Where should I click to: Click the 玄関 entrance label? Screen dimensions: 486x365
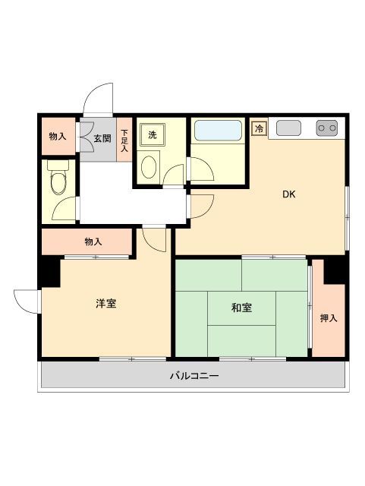click(x=102, y=138)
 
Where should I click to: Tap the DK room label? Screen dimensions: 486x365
click(x=288, y=194)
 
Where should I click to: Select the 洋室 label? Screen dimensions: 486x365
click(x=105, y=304)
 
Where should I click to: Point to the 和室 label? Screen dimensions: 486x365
click(x=242, y=308)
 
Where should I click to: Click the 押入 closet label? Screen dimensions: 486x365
click(x=328, y=318)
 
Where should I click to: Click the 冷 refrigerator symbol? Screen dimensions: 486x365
click(x=260, y=128)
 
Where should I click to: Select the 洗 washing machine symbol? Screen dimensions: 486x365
click(x=152, y=135)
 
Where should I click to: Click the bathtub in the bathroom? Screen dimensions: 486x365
click(x=218, y=131)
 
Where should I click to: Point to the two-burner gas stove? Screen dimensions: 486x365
click(x=327, y=128)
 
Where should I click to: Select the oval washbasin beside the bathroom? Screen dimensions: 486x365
click(x=150, y=166)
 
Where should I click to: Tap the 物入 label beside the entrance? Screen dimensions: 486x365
click(x=58, y=137)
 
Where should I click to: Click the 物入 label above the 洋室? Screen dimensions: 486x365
click(x=93, y=241)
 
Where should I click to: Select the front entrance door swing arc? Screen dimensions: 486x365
click(x=99, y=98)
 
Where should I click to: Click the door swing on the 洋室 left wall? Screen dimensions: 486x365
click(x=27, y=301)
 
